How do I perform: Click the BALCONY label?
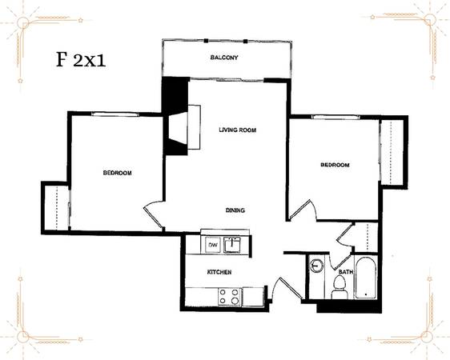(224, 58)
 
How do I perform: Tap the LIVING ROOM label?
(237, 130)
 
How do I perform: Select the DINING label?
(235, 210)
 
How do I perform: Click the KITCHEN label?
(219, 272)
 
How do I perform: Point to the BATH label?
(346, 272)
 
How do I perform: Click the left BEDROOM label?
(118, 173)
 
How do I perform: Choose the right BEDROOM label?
(335, 165)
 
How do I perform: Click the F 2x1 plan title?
(81, 60)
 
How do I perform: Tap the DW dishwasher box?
(213, 245)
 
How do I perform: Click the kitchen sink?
(232, 245)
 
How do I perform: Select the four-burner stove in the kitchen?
(229, 297)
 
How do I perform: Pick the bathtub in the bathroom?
(365, 278)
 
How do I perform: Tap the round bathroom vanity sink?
(315, 265)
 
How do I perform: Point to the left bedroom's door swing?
(154, 214)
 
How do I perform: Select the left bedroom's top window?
(115, 114)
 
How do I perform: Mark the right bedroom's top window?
(335, 117)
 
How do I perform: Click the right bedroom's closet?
(392, 152)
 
